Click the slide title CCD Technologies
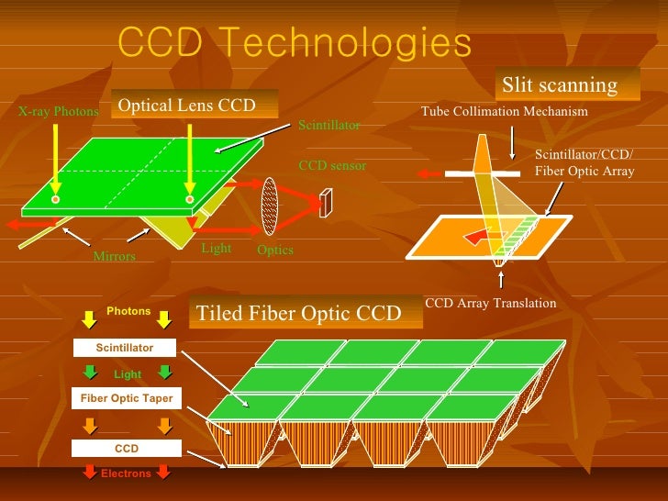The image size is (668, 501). point(295,42)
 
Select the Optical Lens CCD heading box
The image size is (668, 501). point(186,106)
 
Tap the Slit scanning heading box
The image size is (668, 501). point(559,85)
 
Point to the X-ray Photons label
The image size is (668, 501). point(58,112)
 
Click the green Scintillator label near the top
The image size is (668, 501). point(329,124)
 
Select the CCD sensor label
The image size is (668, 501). point(332,166)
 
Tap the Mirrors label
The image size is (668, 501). point(114,257)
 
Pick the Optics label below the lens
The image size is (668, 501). point(275,250)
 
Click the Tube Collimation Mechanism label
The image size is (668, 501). point(504,112)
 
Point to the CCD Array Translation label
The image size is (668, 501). point(491,303)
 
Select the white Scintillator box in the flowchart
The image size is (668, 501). point(125,349)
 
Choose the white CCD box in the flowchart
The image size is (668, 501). point(126,449)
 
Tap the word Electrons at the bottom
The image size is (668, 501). point(126,473)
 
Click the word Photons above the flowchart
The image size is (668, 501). point(128,311)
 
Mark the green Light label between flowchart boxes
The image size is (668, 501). point(128,374)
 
